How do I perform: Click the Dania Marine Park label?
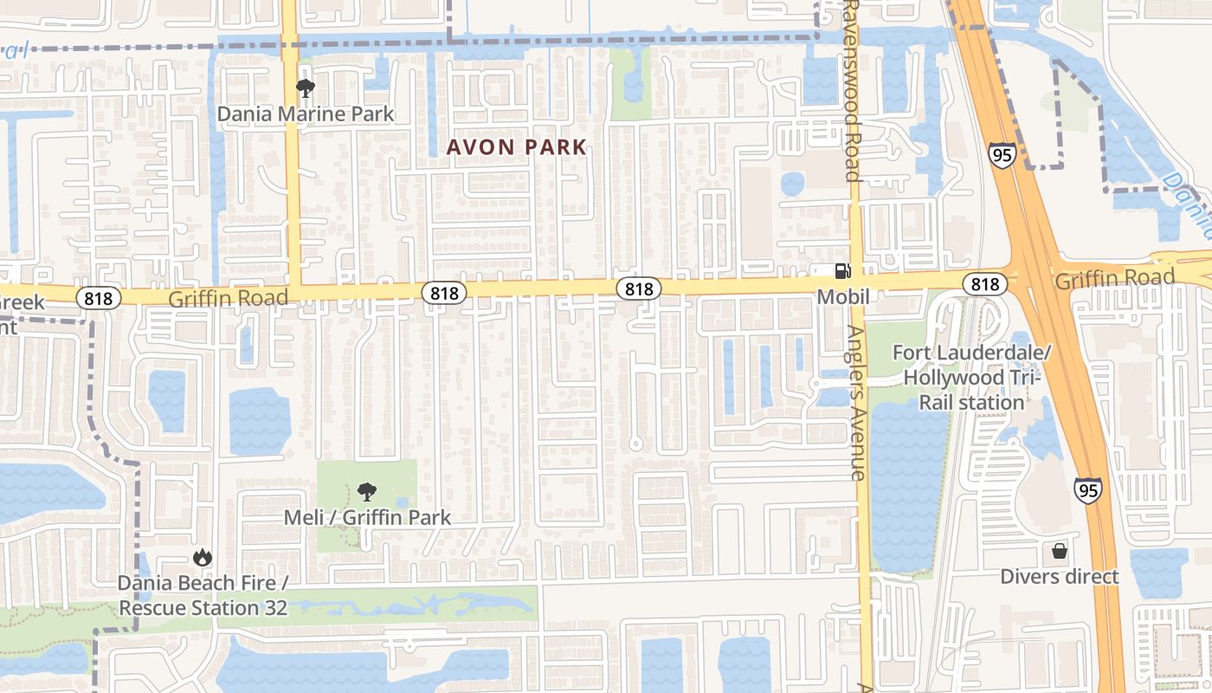[x=305, y=113]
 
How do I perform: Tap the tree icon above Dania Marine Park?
[x=305, y=87]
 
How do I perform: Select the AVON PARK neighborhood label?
[x=517, y=147]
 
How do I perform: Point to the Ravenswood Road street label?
[x=852, y=91]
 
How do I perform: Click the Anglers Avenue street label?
[x=856, y=403]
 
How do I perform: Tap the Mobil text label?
[x=843, y=297]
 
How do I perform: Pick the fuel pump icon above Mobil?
[x=842, y=271]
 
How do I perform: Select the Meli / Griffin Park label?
[x=368, y=517]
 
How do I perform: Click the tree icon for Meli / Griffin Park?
[x=367, y=492]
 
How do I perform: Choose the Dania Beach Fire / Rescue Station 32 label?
[x=203, y=595]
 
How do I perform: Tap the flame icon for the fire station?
[x=203, y=557]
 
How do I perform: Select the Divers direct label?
[x=1060, y=576]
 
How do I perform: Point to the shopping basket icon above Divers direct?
[x=1060, y=551]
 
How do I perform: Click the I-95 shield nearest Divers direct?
[x=1088, y=490]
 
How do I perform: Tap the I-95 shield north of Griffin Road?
[x=1001, y=156]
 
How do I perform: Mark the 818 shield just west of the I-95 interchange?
[x=984, y=283]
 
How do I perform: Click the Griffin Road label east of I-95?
[x=1114, y=278]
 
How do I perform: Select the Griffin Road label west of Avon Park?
[x=228, y=298]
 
